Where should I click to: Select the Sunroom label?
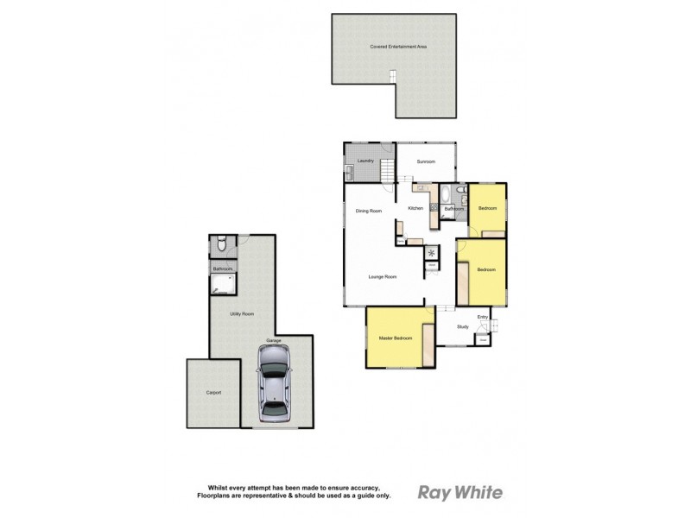tap(426, 161)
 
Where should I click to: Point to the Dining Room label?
tap(369, 211)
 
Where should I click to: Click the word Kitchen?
tap(415, 208)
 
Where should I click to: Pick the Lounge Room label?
tap(384, 276)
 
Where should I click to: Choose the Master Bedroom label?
tap(394, 337)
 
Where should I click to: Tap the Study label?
tap(462, 326)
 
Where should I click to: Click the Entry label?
tap(483, 318)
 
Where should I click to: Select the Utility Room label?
tap(241, 313)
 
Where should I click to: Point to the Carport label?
tap(213, 393)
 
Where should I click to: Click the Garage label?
tap(273, 341)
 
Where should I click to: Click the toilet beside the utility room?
tap(221, 247)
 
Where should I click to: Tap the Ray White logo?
tap(460, 492)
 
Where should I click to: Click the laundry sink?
tap(350, 171)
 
